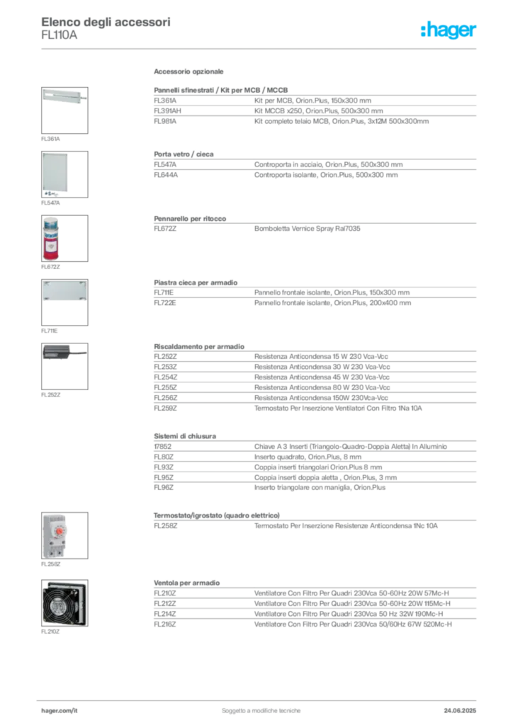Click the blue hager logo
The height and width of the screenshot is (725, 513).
[449, 30]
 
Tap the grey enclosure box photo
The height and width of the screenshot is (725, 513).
[56, 172]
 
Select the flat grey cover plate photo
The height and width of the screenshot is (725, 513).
[64, 292]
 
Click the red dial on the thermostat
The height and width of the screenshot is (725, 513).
[60, 530]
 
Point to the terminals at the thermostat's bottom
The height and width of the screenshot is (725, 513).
[55, 553]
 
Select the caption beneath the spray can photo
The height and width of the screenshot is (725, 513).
[51, 269]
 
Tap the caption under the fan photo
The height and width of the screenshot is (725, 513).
[51, 631]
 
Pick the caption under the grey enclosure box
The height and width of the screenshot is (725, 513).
[51, 204]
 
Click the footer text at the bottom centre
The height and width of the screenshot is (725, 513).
[262, 706]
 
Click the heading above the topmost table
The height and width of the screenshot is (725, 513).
[189, 73]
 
